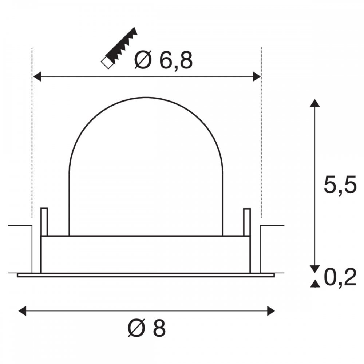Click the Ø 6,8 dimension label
163,60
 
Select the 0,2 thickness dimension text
340,278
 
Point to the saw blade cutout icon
119,48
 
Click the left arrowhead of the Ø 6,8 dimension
37,76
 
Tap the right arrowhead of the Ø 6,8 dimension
257,76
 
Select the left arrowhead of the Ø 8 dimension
22,311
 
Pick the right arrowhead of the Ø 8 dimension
271,311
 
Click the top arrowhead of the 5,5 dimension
315,103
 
